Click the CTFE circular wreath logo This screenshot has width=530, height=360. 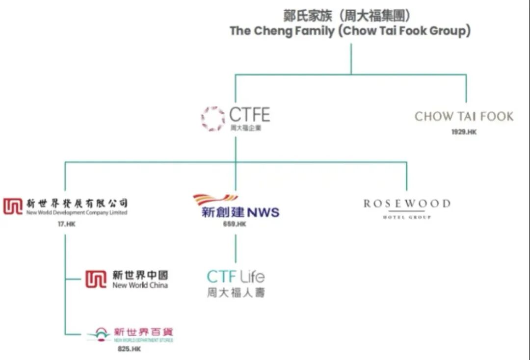pyautogui.click(x=213, y=118)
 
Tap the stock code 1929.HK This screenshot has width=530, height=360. pyautogui.click(x=464, y=132)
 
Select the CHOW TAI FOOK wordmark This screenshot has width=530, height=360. pyautogui.click(x=464, y=117)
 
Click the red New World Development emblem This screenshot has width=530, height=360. pyautogui.click(x=13, y=206)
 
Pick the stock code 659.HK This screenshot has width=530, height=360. pyautogui.click(x=235, y=224)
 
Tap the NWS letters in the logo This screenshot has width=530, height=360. pyautogui.click(x=263, y=213)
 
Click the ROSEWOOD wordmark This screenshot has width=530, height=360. pyautogui.click(x=407, y=204)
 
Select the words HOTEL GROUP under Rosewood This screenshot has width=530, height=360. pyautogui.click(x=407, y=217)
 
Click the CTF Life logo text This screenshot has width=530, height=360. pyautogui.click(x=236, y=277)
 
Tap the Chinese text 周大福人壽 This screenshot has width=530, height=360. pyautogui.click(x=236, y=293)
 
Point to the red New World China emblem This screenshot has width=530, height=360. pyautogui.click(x=95, y=279)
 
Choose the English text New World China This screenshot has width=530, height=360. pyautogui.click(x=140, y=285)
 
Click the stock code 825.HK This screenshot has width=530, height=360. pyautogui.click(x=129, y=349)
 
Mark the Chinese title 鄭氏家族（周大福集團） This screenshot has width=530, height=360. pyautogui.click(x=350, y=16)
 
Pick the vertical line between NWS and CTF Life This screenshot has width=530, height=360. pyautogui.click(x=236, y=248)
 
